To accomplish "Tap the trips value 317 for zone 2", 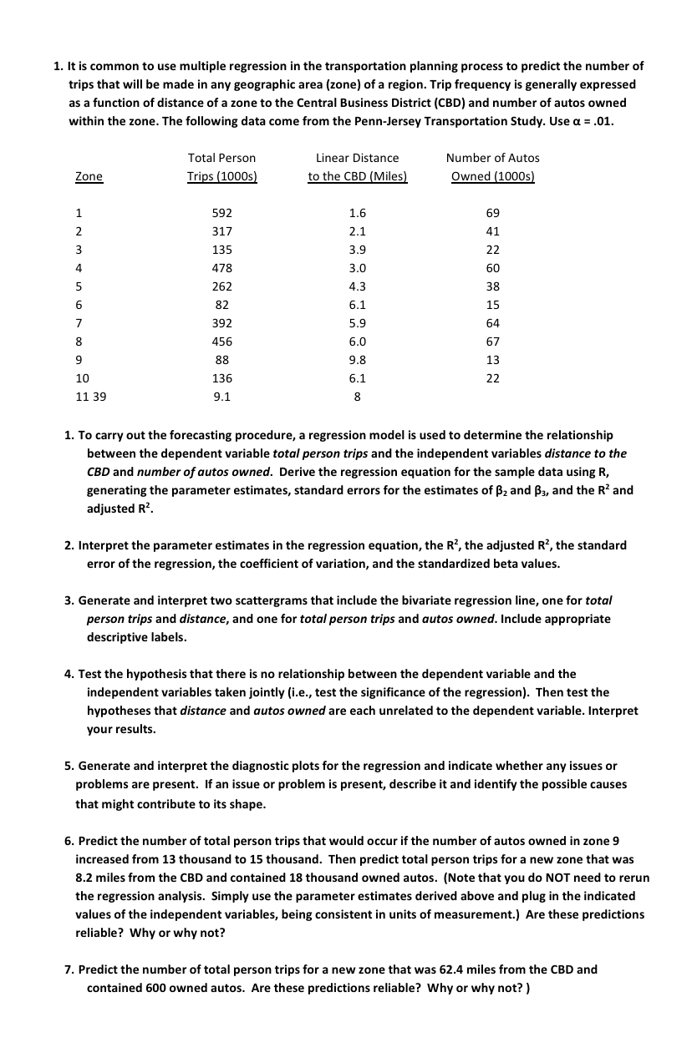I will pyautogui.click(x=222, y=231).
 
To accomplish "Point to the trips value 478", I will pyautogui.click(x=222, y=268).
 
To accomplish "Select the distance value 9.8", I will pyautogui.click(x=357, y=359).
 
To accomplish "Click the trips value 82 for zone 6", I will pyautogui.click(x=222, y=305).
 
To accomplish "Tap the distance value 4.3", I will pyautogui.click(x=357, y=286).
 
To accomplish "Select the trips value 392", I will pyautogui.click(x=222, y=322).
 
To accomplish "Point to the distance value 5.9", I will pyautogui.click(x=357, y=322).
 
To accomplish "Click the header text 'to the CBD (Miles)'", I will pyautogui.click(x=357, y=176).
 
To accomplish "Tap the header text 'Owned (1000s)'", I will pyautogui.click(x=492, y=176).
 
